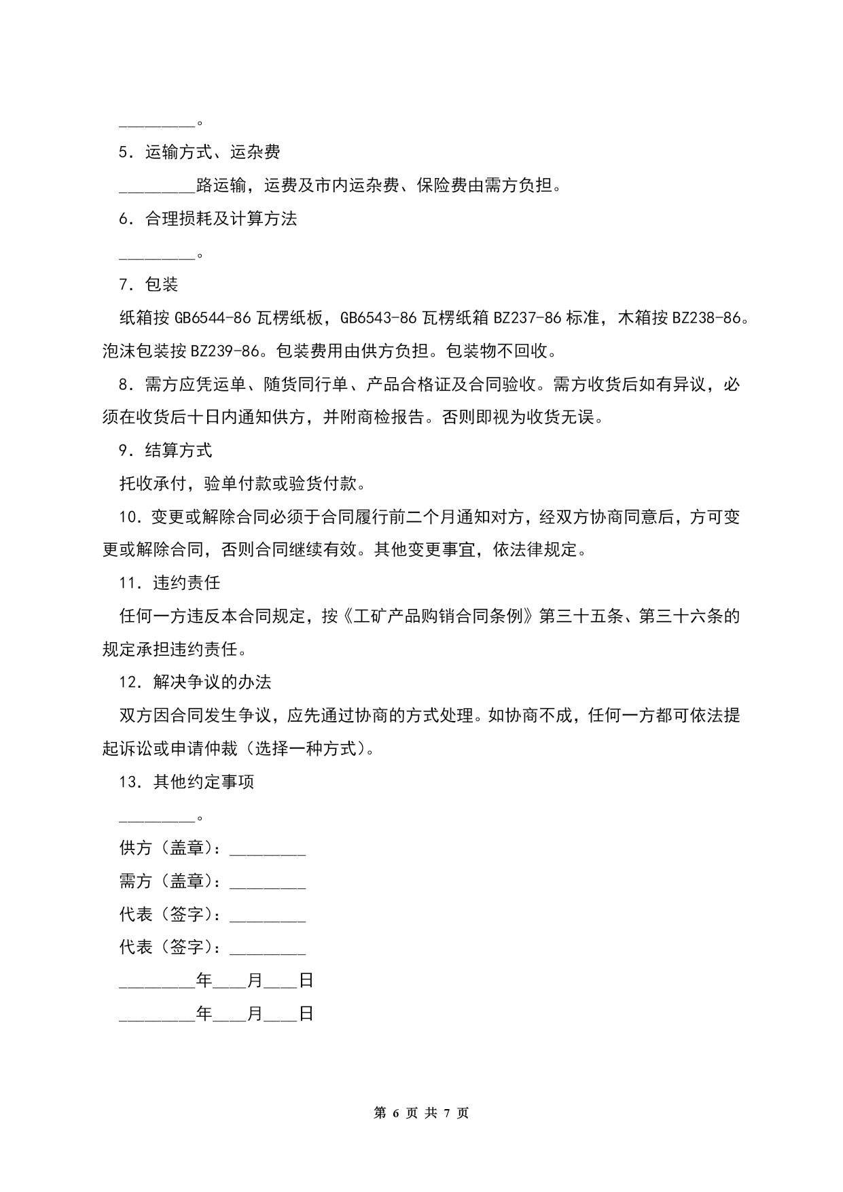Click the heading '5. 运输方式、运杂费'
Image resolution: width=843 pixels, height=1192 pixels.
click(x=200, y=152)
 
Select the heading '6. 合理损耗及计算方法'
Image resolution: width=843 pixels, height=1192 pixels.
click(x=208, y=219)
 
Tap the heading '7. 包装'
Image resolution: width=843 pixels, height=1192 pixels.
click(x=149, y=285)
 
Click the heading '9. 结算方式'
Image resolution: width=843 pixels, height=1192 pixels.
click(x=166, y=450)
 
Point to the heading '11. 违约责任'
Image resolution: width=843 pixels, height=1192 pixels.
click(x=170, y=583)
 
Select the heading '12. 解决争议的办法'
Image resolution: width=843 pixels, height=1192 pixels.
click(x=196, y=682)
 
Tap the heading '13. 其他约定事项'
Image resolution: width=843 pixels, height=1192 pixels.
click(x=187, y=782)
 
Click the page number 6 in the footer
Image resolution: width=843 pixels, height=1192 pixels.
click(x=395, y=1113)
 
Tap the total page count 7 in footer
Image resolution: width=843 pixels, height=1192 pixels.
click(x=446, y=1113)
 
